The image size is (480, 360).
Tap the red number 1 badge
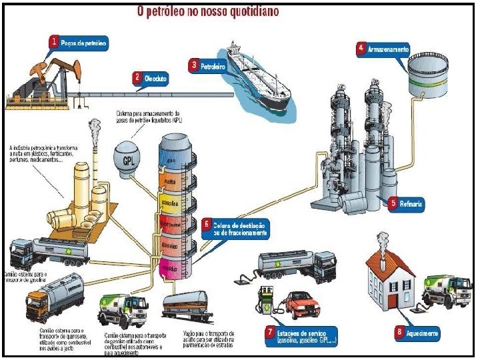click(54, 41)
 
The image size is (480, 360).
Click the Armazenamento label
click(387, 49)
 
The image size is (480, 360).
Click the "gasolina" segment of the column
click(173, 201)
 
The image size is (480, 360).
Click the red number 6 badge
click(207, 224)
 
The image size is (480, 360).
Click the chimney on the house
click(382, 242)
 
